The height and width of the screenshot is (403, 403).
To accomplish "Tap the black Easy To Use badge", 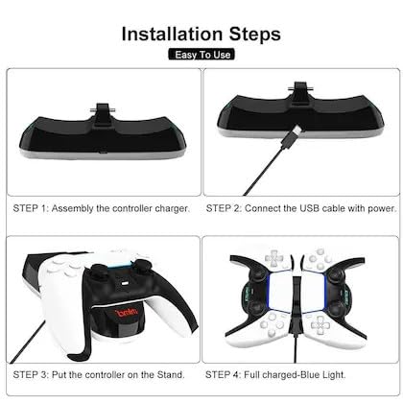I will click(x=201, y=55).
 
